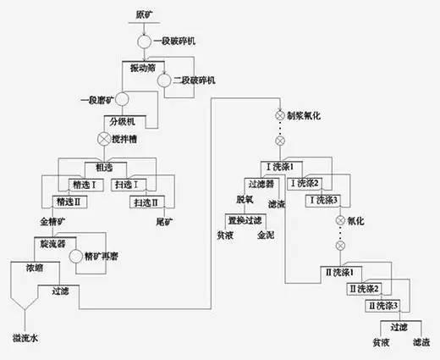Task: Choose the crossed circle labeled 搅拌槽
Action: [104, 137]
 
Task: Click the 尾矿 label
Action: [163, 221]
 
